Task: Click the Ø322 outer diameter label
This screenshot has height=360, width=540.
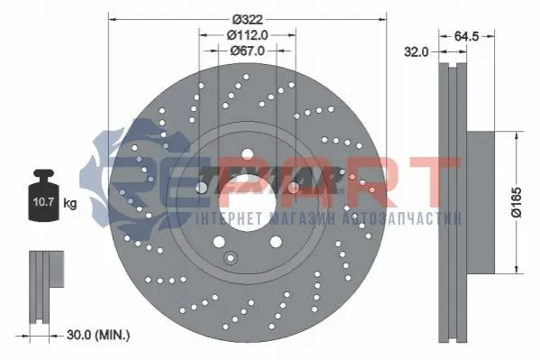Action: [x=247, y=19]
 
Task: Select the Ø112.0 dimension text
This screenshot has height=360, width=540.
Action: [x=247, y=35]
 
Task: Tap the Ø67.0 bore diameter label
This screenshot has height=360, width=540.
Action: [x=247, y=51]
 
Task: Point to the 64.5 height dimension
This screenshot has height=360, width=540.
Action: [x=466, y=36]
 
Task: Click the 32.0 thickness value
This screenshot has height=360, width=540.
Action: [x=416, y=51]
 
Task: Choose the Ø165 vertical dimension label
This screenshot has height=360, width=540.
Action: [x=517, y=202]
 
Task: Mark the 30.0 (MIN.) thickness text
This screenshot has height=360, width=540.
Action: [x=98, y=335]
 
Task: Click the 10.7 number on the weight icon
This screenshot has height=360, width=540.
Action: [x=43, y=202]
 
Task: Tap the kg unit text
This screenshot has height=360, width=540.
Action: [x=70, y=203]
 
